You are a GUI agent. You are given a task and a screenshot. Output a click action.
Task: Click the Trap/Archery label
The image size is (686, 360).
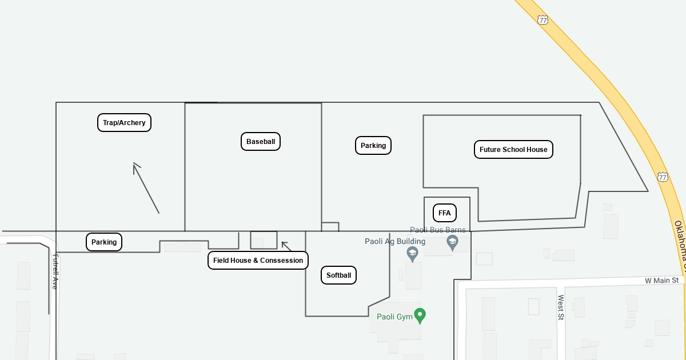coord(124,122)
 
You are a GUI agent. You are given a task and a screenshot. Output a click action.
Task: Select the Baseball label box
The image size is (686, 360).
coord(261,142)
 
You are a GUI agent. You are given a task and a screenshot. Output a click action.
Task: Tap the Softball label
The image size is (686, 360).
coord(338,275)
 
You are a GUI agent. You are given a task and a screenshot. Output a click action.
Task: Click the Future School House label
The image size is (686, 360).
coord(513,150)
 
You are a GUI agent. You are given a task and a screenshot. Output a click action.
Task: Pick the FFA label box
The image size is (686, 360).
coord(444,213)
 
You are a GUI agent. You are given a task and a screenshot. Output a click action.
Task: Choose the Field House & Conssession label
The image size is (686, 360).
coord(258,261)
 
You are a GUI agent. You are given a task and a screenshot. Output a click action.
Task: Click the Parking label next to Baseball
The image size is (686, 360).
coord(373,146)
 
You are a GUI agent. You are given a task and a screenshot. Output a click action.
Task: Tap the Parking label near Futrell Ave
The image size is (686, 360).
coord(104,242)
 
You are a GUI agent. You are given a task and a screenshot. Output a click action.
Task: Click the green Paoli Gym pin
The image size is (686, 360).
coord(420,315)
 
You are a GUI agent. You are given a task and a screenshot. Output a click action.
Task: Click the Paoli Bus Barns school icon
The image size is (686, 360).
coord(452,243)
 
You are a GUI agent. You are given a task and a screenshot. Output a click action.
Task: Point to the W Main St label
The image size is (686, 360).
coord(661,281)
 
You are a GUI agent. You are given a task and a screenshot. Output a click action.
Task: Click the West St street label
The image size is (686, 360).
coord(561,307)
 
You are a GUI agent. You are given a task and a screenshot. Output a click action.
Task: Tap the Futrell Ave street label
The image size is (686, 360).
coord(55,271)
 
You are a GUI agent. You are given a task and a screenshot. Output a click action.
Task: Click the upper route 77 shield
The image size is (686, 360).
coord(543,20)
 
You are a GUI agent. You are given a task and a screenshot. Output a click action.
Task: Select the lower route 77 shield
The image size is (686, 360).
coord(663,177)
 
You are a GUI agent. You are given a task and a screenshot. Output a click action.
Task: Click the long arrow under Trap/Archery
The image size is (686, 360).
coord(146,189)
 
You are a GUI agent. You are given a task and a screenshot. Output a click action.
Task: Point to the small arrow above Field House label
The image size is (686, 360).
coord(286,246)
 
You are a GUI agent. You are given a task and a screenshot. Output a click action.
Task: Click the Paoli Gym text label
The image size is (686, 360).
coord(394,317)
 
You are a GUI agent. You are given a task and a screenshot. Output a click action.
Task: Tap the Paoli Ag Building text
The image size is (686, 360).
coord(395,241)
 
